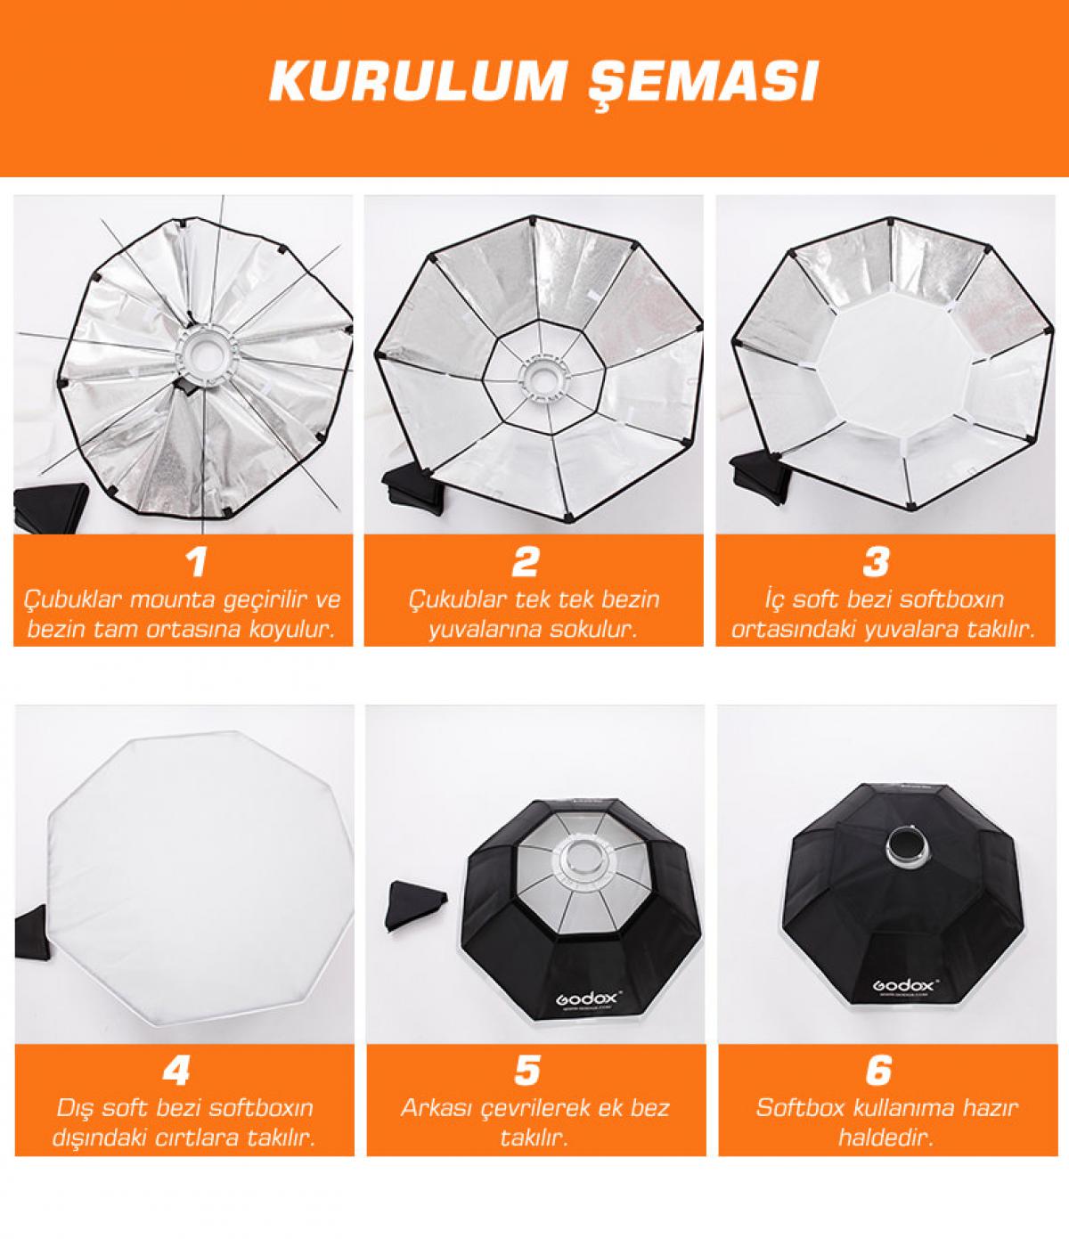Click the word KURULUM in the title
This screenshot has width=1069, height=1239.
pos(414,80)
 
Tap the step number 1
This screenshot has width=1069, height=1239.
pos(196,562)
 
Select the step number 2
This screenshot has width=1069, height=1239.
pos(526,562)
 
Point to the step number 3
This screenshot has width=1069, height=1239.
pos(876,562)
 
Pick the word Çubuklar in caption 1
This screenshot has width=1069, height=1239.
pos(72,600)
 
